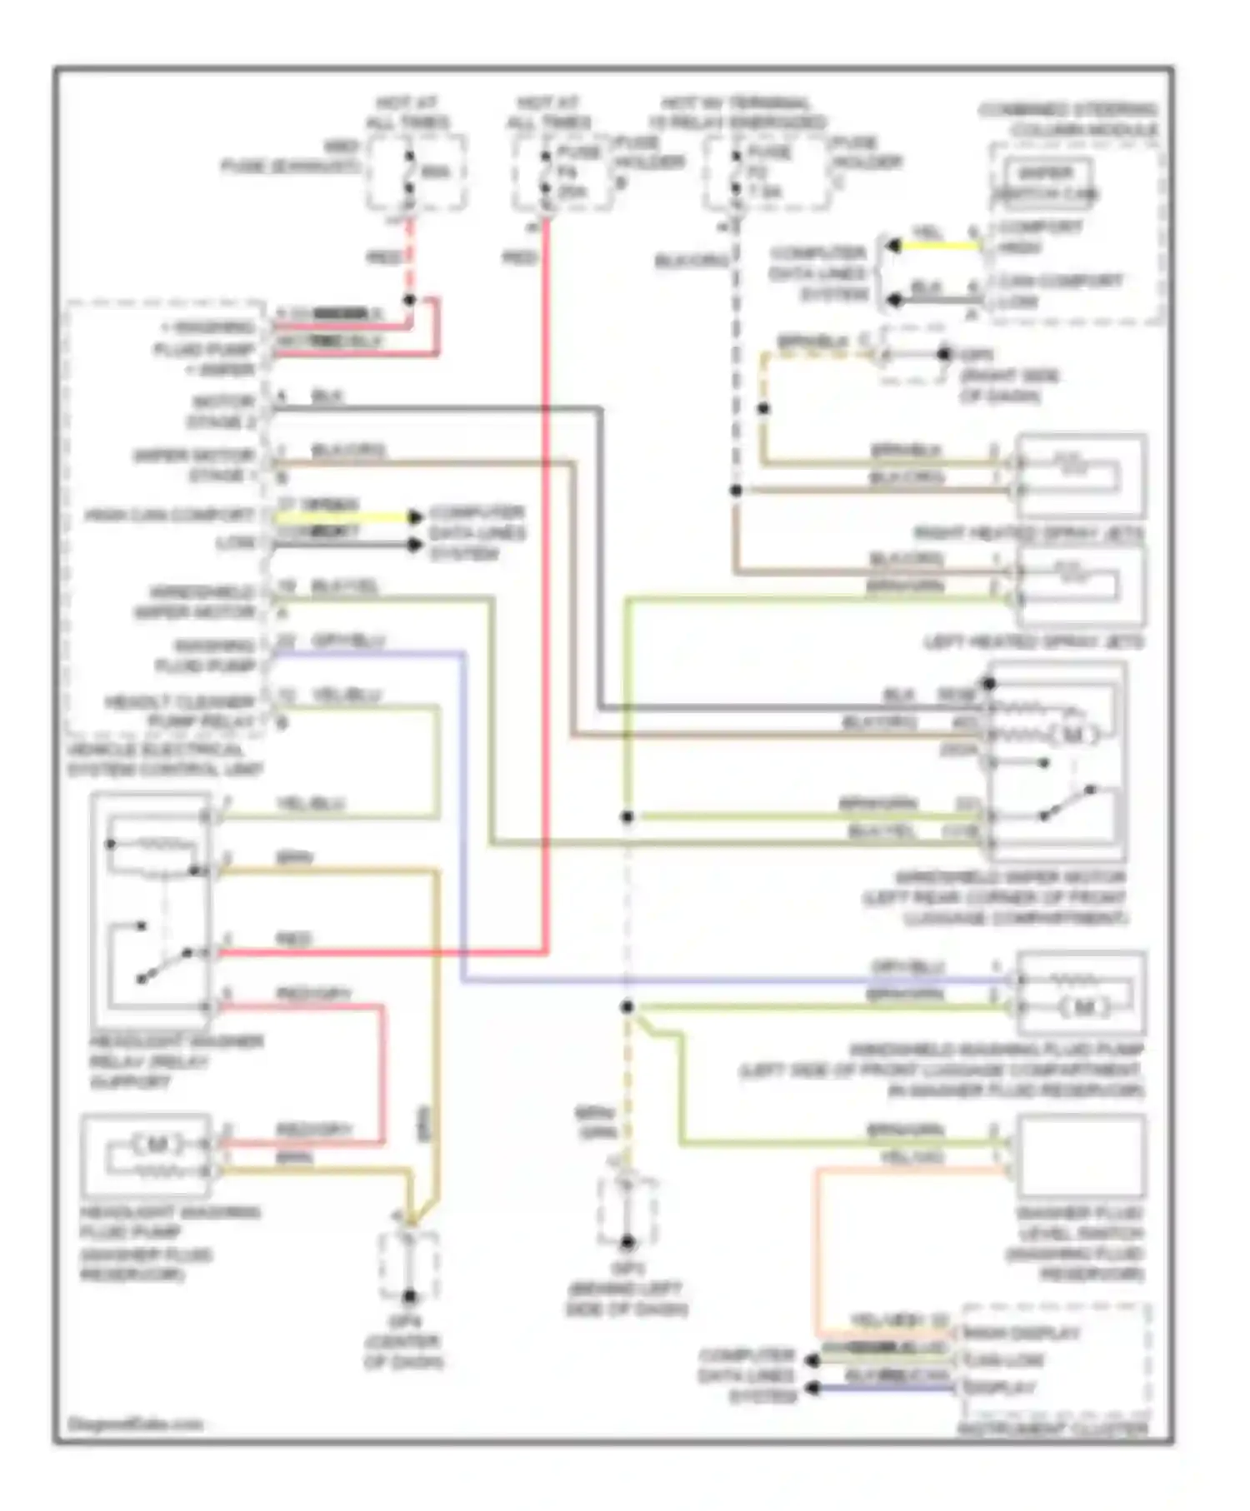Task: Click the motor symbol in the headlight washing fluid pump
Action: [x=157, y=1144]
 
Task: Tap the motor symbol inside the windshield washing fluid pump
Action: [x=1084, y=1007]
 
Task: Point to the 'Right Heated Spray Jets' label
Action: [x=1028, y=532]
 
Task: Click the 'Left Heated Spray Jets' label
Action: [x=1033, y=642]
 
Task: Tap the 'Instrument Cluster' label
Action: [x=1052, y=1429]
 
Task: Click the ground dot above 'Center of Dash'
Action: [x=409, y=1296]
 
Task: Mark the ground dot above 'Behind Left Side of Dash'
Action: [x=627, y=1242]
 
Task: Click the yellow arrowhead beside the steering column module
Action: [x=893, y=247]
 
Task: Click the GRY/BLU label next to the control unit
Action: [x=347, y=641]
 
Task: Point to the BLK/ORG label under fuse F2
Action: [x=692, y=261]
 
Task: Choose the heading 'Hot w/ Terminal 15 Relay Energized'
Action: [x=736, y=113]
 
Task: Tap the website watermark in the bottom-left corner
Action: [x=135, y=1424]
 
